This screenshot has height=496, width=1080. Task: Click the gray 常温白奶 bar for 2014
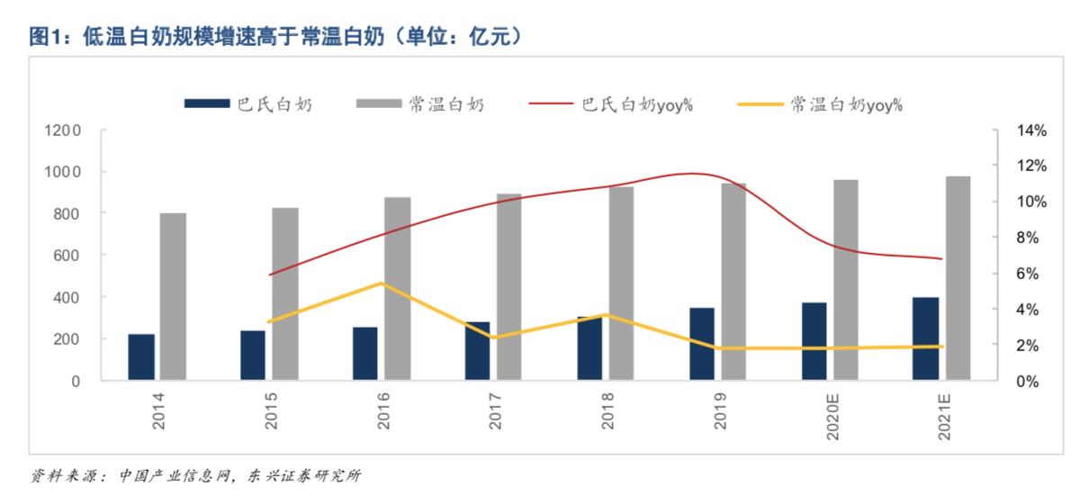tap(173, 296)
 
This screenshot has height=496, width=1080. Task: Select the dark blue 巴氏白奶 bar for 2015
tap(253, 356)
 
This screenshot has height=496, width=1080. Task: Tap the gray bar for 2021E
tap(958, 278)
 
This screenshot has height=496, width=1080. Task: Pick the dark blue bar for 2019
tap(702, 344)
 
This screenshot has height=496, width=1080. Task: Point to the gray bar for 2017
tap(509, 287)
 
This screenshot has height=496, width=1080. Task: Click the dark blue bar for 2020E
tap(814, 341)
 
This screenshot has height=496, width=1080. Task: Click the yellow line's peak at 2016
tap(382, 284)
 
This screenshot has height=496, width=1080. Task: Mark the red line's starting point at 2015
tap(270, 275)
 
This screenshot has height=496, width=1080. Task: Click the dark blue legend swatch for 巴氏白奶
tap(206, 104)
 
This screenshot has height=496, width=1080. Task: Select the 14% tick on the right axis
tap(1030, 131)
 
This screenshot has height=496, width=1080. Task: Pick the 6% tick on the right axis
tap(1030, 274)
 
